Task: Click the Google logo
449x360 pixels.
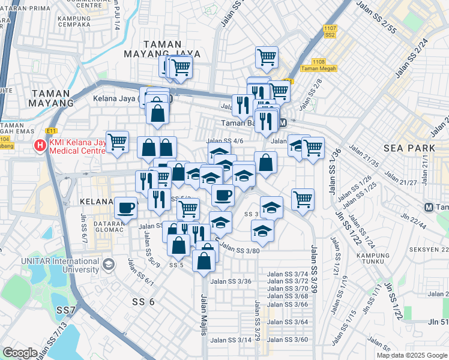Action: (x=20, y=353)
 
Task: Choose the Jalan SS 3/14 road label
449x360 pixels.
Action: (x=231, y=340)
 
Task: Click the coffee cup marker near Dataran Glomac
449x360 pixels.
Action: (x=125, y=208)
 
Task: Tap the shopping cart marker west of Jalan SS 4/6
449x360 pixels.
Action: (x=118, y=142)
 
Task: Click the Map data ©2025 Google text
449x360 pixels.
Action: (x=411, y=355)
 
